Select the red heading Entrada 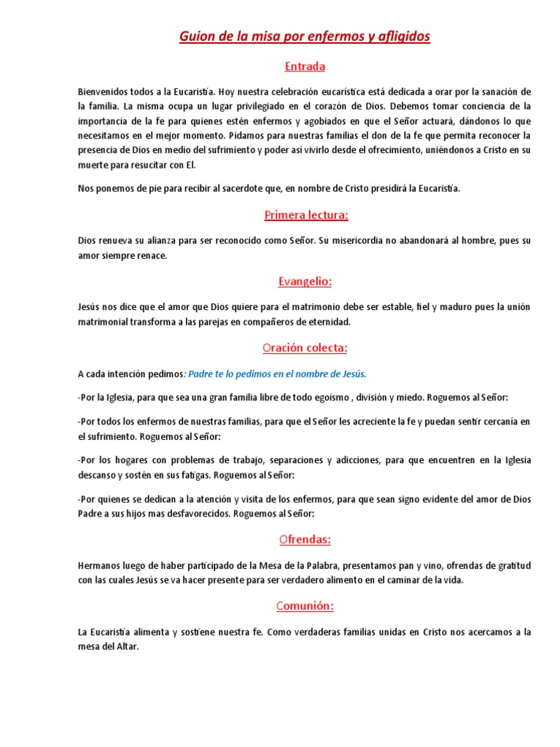point(305,66)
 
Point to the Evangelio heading point(305,281)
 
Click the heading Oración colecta point(305,347)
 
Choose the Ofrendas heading point(305,540)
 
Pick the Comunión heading point(305,605)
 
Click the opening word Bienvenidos point(106,91)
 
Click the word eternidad point(326,322)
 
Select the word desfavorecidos point(193,514)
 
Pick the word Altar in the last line point(123,646)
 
